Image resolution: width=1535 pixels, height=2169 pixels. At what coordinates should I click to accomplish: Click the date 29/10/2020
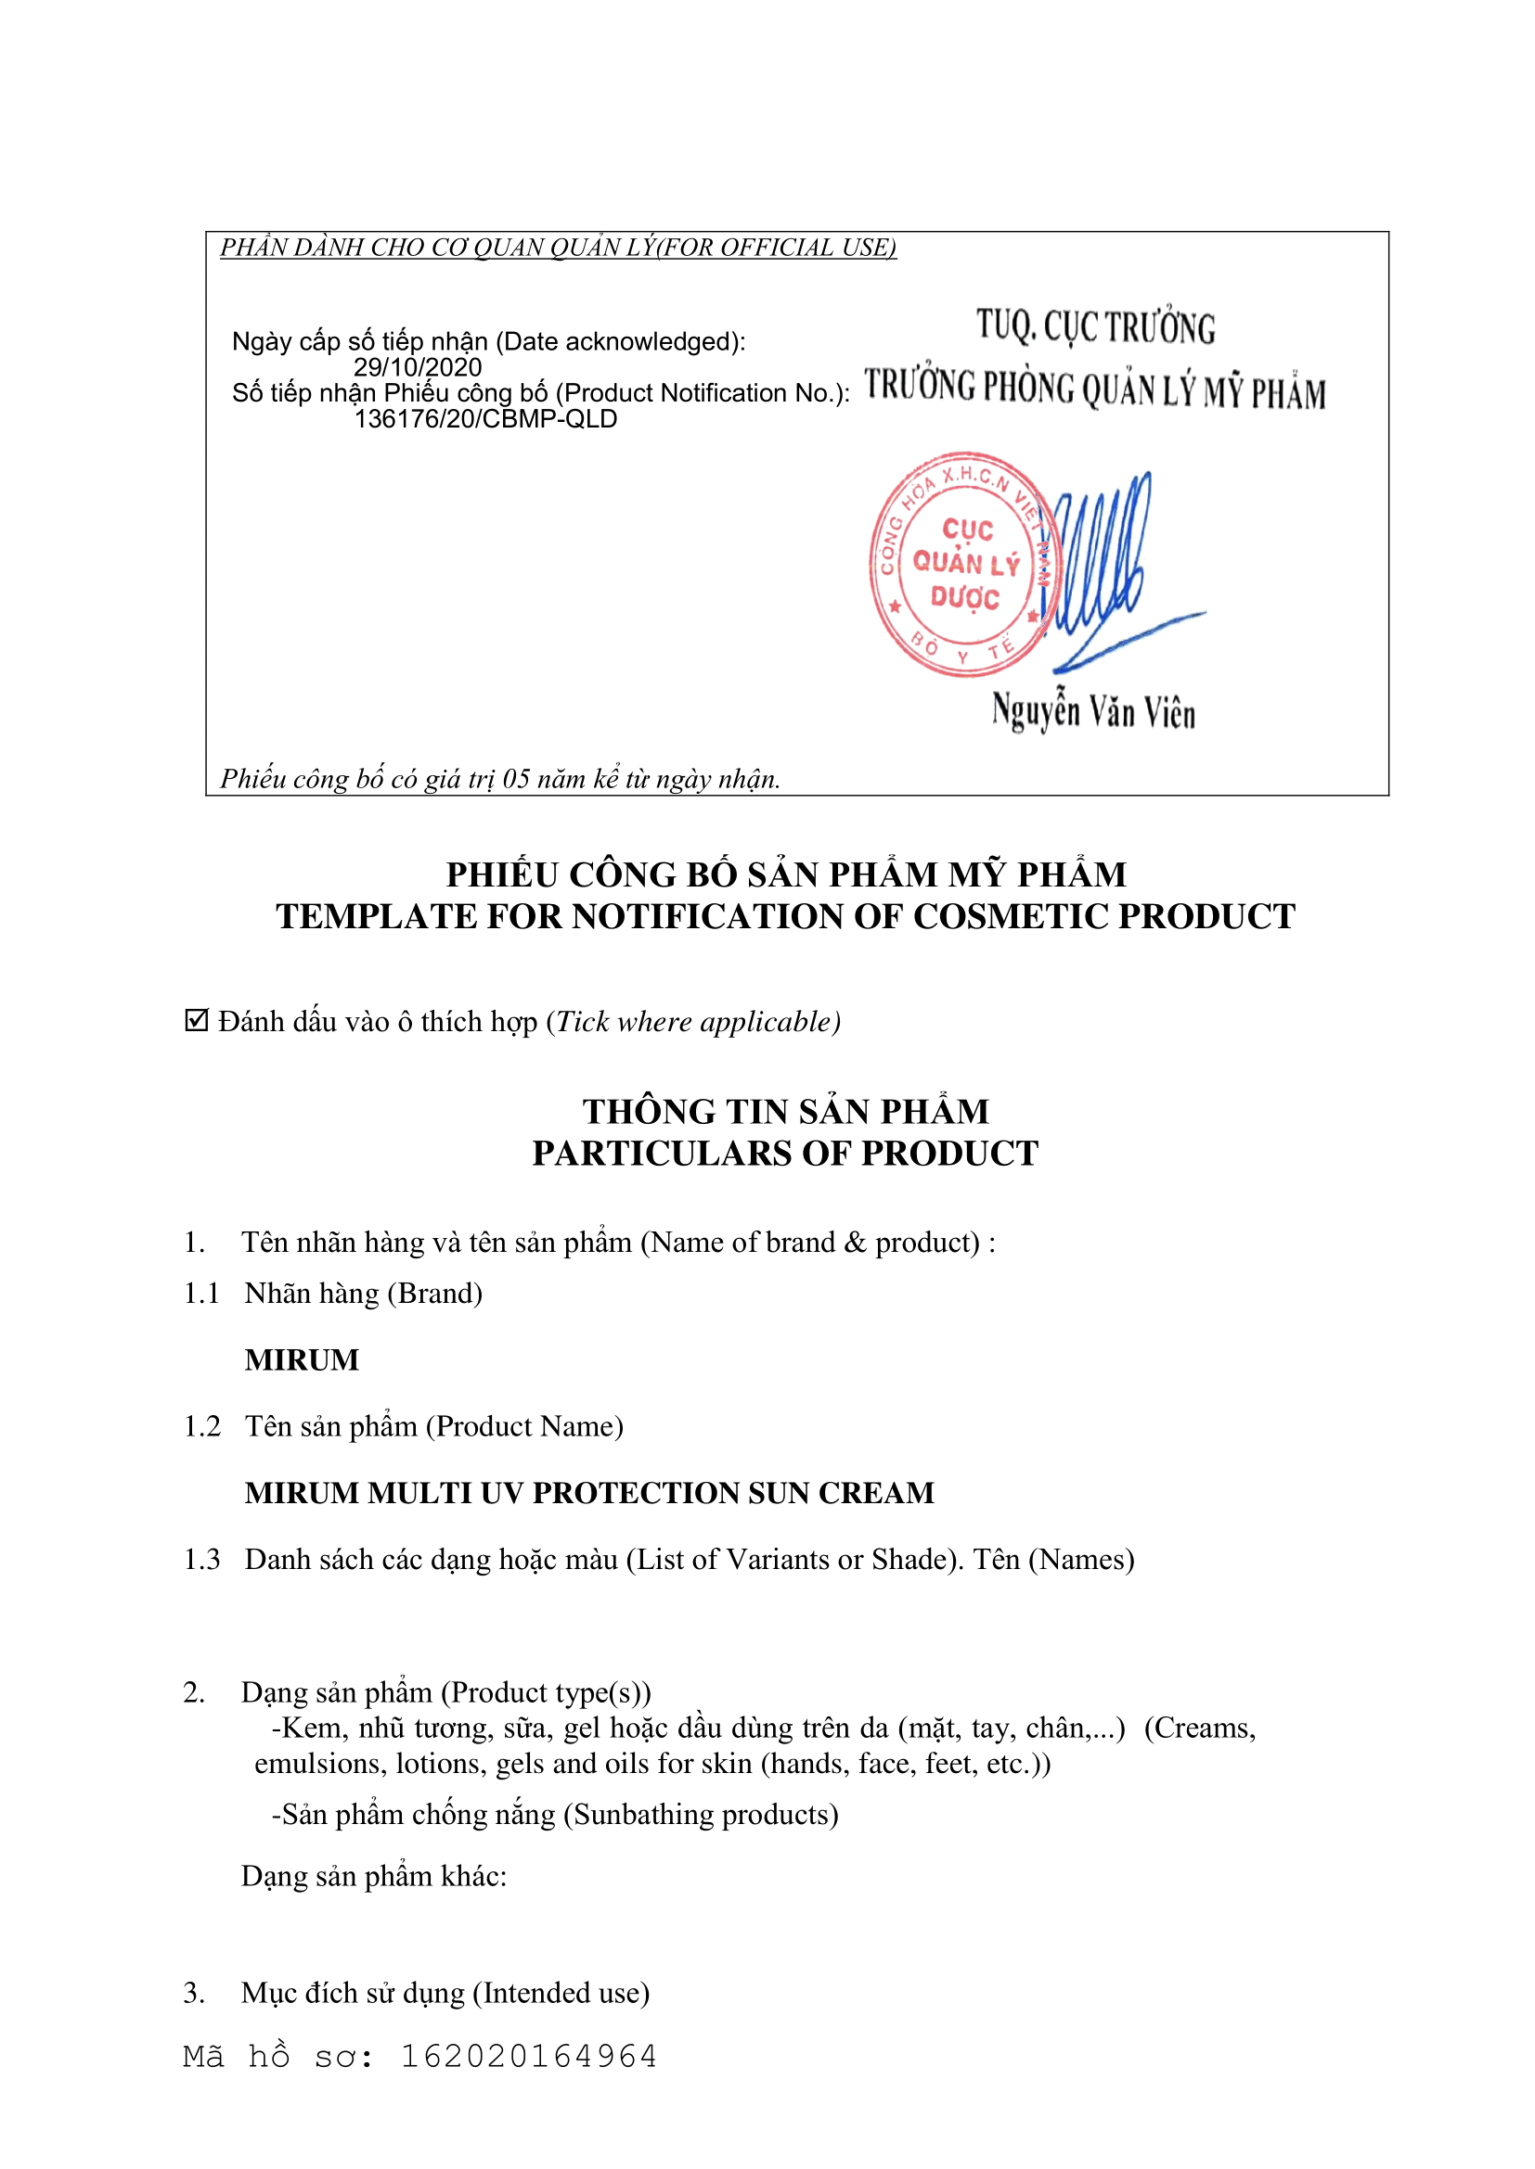tap(417, 367)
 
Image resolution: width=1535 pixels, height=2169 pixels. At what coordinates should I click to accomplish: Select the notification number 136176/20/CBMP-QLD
tap(484, 419)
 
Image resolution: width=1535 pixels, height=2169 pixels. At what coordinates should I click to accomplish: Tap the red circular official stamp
tap(964, 564)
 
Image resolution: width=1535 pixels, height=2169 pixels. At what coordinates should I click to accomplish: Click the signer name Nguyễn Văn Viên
tap(1093, 711)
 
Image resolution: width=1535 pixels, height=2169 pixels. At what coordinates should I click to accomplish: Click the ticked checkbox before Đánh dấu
tap(197, 1020)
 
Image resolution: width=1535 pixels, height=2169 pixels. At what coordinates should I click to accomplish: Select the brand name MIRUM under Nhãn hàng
tap(302, 1359)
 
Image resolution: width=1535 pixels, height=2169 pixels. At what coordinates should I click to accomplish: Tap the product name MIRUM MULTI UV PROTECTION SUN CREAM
tap(589, 1493)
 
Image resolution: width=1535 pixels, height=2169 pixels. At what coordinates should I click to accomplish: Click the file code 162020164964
tap(528, 2057)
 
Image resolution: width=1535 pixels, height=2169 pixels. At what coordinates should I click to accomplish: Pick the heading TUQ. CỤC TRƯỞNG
tap(1095, 326)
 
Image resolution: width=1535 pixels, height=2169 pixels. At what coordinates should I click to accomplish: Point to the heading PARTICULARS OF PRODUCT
tap(784, 1154)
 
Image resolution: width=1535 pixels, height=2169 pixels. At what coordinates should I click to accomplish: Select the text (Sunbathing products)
tap(701, 1815)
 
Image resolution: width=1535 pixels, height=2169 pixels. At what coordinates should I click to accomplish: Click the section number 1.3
tap(201, 1560)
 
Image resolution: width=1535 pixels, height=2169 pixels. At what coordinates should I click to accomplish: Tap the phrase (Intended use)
tap(561, 1994)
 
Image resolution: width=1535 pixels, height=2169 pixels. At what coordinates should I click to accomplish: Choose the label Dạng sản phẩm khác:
tap(373, 1876)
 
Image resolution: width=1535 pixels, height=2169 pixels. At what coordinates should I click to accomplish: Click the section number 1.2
tap(201, 1426)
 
